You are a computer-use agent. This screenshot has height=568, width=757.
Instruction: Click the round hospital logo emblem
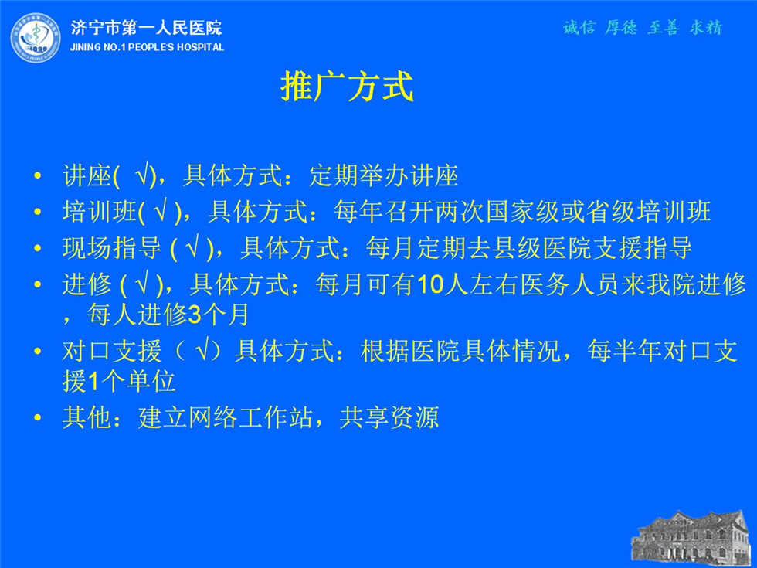click(x=36, y=38)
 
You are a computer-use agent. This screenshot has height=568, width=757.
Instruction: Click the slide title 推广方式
click(x=347, y=87)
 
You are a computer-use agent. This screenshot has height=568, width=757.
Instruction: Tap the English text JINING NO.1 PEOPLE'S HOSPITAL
click(x=147, y=47)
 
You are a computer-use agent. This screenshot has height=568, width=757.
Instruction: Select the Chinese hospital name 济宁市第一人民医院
click(x=146, y=28)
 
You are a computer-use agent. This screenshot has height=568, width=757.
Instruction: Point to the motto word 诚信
click(x=579, y=28)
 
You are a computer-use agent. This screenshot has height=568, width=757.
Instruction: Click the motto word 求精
click(x=706, y=28)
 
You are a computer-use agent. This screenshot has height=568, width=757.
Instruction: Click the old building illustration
click(x=694, y=539)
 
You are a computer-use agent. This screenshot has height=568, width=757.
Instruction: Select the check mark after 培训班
click(x=161, y=212)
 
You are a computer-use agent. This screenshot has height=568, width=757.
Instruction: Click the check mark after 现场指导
click(x=194, y=247)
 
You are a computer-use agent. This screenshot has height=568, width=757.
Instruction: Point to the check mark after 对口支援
click(x=204, y=350)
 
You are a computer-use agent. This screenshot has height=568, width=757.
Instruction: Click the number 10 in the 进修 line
click(x=430, y=284)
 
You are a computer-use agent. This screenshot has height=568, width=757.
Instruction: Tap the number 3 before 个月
click(x=194, y=315)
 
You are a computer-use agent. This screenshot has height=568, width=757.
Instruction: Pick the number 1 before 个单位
click(x=93, y=382)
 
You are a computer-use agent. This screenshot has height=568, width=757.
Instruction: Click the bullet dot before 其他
click(x=38, y=418)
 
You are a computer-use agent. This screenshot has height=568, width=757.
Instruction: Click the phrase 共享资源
click(x=389, y=417)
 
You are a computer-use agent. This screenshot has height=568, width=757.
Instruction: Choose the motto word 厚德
click(x=621, y=28)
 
